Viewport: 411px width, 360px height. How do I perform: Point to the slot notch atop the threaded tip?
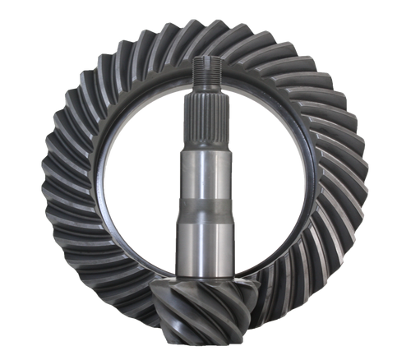pyautogui.click(x=205, y=58)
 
